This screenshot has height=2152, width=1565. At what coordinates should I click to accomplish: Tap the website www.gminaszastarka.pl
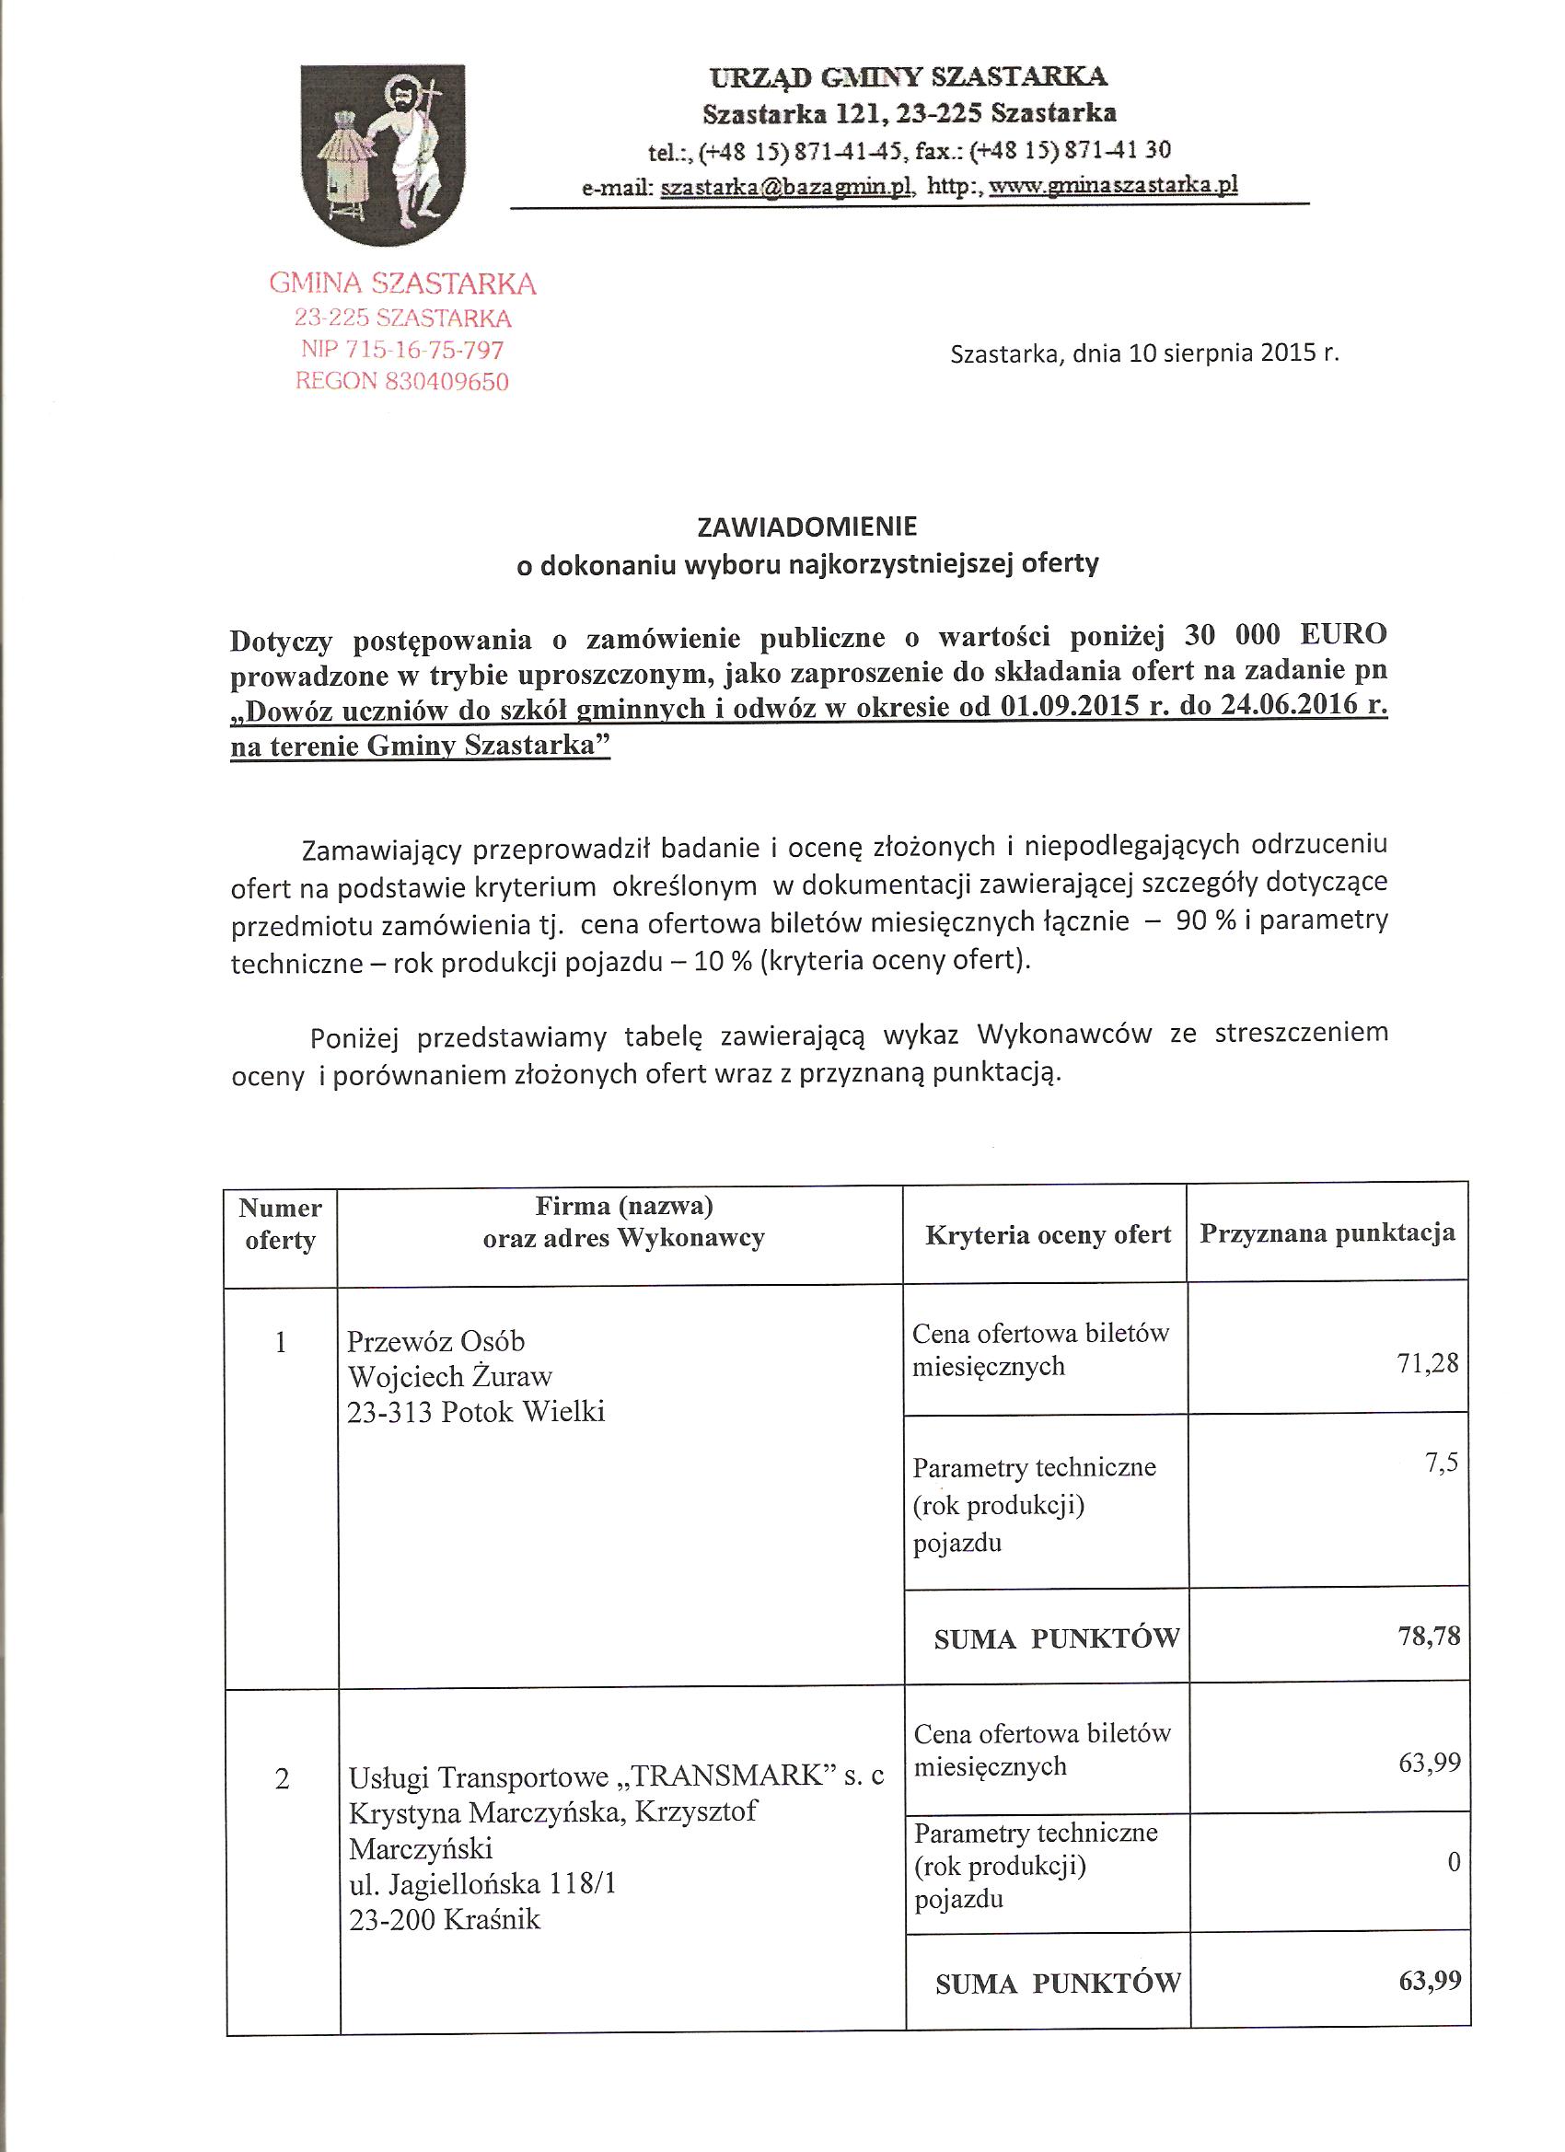[x=1113, y=187]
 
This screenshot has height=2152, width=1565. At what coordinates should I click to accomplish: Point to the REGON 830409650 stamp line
[x=402, y=381]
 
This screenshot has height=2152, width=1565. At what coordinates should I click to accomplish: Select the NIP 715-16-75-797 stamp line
[x=402, y=349]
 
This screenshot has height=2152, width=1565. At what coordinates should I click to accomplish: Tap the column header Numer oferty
[x=280, y=1224]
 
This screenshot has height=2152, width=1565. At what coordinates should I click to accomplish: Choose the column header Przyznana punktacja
[x=1327, y=1232]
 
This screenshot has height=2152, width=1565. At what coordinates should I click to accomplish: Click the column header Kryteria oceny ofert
[x=1048, y=1234]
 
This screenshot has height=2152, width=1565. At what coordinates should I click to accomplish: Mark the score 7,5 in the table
[x=1440, y=1464]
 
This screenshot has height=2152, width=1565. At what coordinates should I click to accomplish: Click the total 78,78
[x=1429, y=1636]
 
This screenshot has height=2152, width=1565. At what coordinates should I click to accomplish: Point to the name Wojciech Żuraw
[x=450, y=1376]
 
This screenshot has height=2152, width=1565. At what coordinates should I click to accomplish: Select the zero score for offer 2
[x=1452, y=1862]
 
